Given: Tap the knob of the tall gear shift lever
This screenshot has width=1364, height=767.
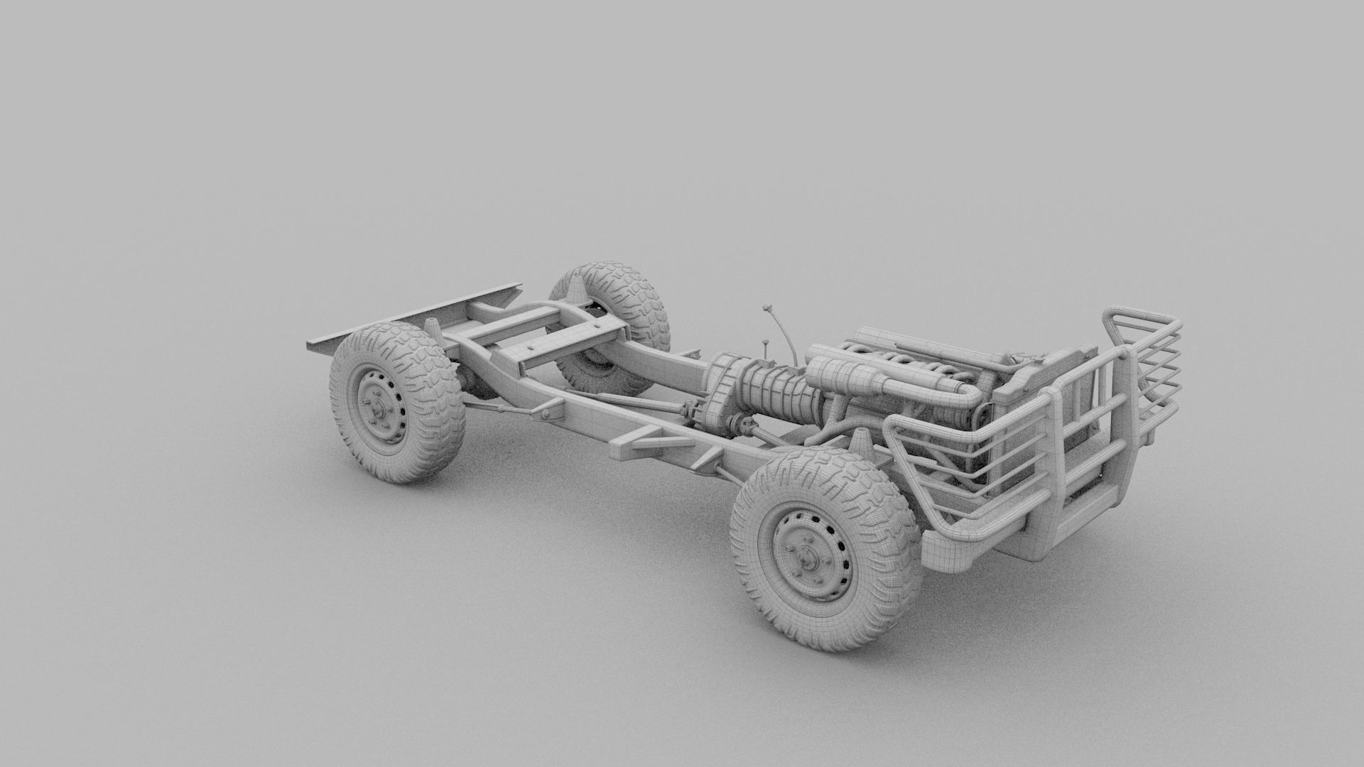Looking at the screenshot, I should pos(767,308).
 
